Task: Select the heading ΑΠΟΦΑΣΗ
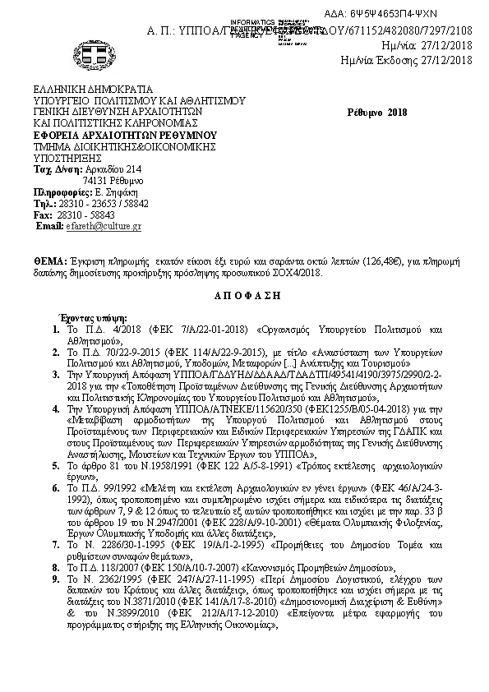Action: tap(244, 293)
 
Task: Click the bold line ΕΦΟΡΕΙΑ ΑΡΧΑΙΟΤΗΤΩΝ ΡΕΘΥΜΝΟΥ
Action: tap(123, 134)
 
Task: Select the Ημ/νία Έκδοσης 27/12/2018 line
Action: tap(407, 59)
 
